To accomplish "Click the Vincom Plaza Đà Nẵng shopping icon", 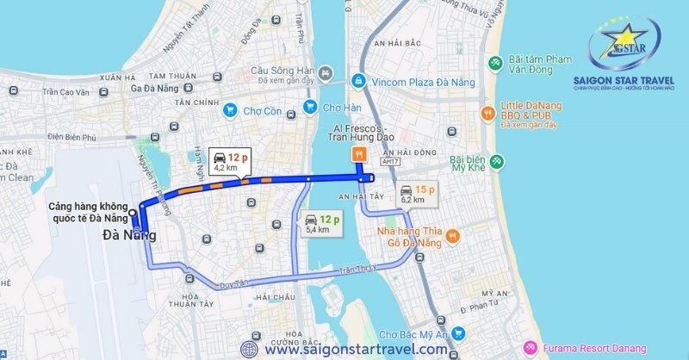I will click(358, 81).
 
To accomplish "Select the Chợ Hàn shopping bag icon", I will click(309, 108).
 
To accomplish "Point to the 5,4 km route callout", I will click(318, 225).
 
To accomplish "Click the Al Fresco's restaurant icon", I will click(358, 155).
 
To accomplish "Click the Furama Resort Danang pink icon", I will click(530, 348).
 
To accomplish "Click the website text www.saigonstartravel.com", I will click(356, 350).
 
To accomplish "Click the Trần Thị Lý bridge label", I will click(358, 270).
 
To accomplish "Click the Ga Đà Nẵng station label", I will click(156, 86).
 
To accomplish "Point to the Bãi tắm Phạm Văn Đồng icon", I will click(496, 63).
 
